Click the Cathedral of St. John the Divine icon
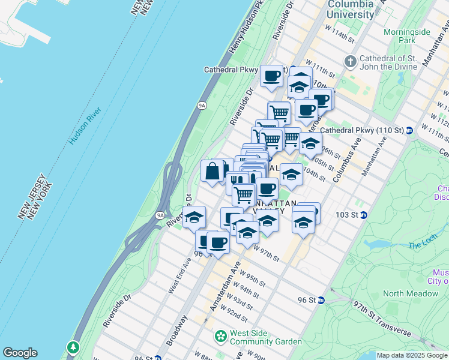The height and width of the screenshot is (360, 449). pyautogui.click(x=350, y=61)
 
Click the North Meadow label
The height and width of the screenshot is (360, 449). pyautogui.click(x=410, y=293)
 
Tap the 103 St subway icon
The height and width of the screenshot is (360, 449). pyautogui.click(x=364, y=215)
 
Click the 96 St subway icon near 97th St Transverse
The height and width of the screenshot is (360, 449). pyautogui.click(x=321, y=300)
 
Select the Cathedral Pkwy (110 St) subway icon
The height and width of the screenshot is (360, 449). pyautogui.click(x=409, y=130)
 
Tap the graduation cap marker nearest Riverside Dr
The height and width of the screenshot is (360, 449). pyautogui.click(x=194, y=217)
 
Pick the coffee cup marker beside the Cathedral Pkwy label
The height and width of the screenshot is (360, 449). pyautogui.click(x=271, y=76)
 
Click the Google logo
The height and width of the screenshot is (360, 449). pyautogui.click(x=20, y=353)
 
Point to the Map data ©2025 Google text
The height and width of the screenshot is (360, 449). pyautogui.click(x=412, y=355)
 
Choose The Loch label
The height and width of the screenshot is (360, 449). pyautogui.click(x=423, y=245)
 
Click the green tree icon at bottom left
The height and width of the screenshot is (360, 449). pyautogui.click(x=73, y=347)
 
